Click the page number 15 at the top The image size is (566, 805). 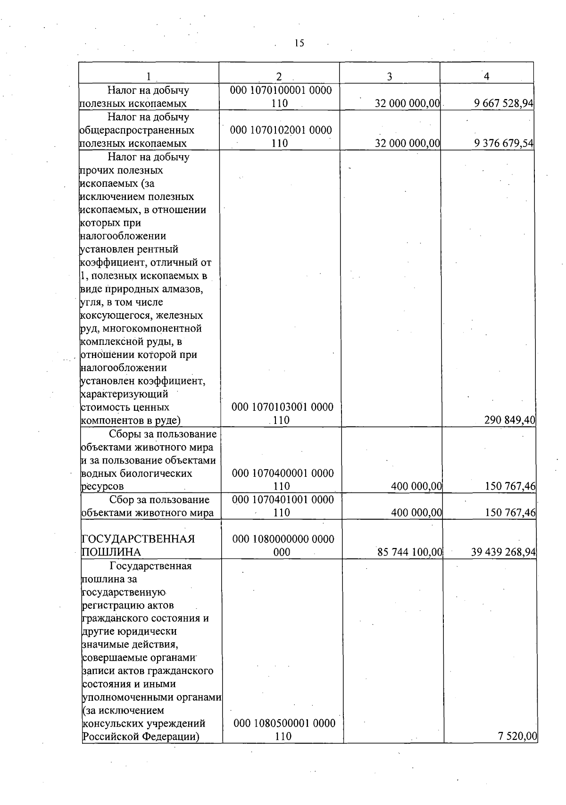pyautogui.click(x=299, y=43)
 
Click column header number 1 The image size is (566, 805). pyautogui.click(x=149, y=76)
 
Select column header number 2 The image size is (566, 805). pyautogui.click(x=279, y=76)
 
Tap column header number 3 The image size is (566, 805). pyautogui.click(x=390, y=76)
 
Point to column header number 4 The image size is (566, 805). pyautogui.click(x=486, y=76)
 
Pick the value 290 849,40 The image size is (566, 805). pyautogui.click(x=510, y=420)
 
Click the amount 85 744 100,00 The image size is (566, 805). pyautogui.click(x=410, y=552)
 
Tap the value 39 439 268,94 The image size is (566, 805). pyautogui.click(x=503, y=552)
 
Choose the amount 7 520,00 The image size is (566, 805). pyautogui.click(x=517, y=736)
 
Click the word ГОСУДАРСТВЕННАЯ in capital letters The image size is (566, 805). pyautogui.click(x=138, y=539)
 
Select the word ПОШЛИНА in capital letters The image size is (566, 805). pyautogui.click(x=111, y=552)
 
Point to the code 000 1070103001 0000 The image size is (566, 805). pyautogui.click(x=282, y=407)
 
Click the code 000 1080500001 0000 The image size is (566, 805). pyautogui.click(x=284, y=723)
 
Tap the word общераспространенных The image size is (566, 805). pyautogui.click(x=137, y=130)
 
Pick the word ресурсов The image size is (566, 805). pyautogui.click(x=103, y=486)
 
